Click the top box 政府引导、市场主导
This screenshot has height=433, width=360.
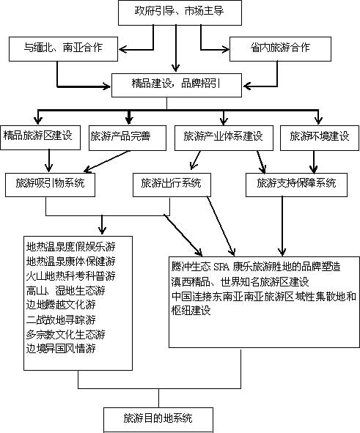click(180, 12)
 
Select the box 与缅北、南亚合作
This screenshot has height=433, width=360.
click(63, 49)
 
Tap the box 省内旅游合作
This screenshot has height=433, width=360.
click(280, 49)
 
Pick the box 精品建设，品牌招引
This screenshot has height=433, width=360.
click(177, 85)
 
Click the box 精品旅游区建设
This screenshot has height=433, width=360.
click(40, 138)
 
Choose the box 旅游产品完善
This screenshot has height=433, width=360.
click(128, 138)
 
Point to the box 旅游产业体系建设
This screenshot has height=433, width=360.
click(224, 138)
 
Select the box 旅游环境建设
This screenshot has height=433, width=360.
click(320, 138)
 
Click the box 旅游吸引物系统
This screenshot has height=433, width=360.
click(50, 185)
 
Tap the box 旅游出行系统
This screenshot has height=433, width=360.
click(172, 185)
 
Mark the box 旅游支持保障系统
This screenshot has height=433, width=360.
click(296, 185)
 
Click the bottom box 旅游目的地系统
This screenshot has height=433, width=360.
click(158, 420)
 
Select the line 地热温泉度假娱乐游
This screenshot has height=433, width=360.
click(70, 247)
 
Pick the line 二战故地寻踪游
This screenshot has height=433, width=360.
click(61, 319)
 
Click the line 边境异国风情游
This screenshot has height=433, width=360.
click(61, 349)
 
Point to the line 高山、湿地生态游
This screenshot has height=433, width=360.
click(66, 291)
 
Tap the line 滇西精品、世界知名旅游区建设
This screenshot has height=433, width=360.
click(240, 282)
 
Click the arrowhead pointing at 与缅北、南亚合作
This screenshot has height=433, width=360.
click(123, 50)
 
